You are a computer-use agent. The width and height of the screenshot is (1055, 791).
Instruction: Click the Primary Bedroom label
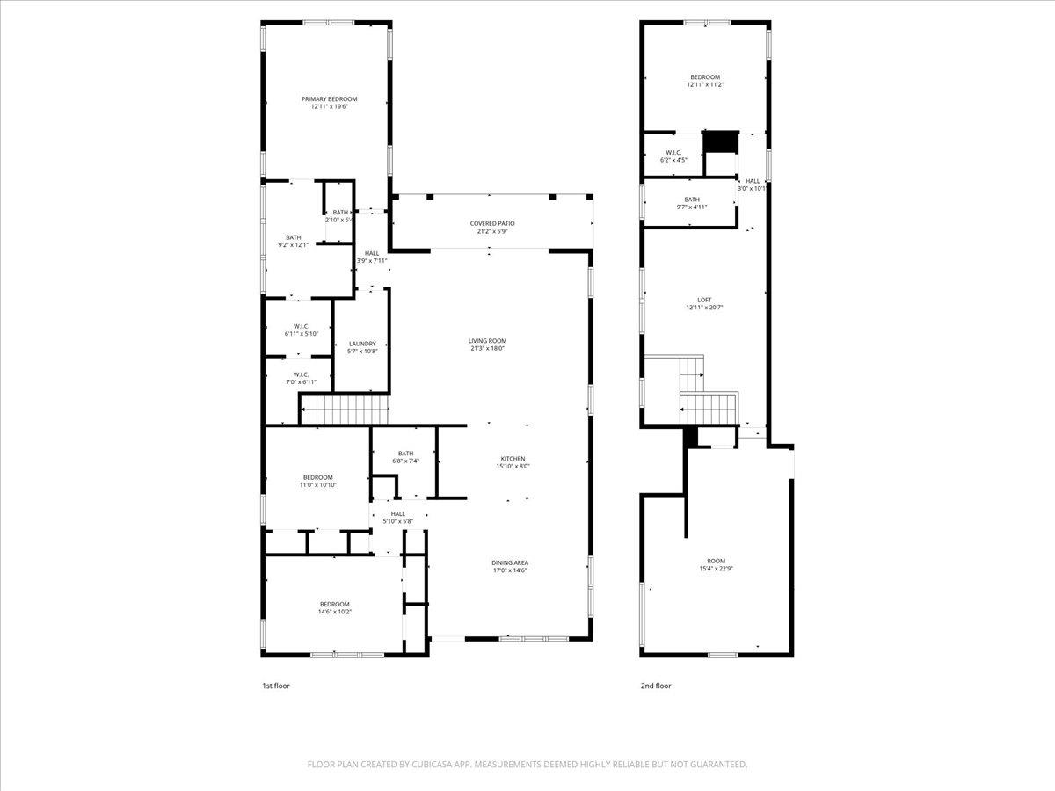pos(330,99)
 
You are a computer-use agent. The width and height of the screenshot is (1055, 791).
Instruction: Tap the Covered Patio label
pos(492,224)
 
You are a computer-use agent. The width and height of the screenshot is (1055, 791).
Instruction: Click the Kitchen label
pos(513,459)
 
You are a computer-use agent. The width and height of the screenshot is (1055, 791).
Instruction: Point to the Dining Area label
pos(510,562)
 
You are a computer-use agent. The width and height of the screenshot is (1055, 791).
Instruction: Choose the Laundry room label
pos(362,344)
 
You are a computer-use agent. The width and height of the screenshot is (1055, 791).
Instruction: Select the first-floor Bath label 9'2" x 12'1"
pos(293,237)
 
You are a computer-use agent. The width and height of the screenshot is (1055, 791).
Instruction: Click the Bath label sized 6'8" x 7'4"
pos(405,454)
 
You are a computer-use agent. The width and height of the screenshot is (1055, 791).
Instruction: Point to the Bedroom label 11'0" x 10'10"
pos(317,477)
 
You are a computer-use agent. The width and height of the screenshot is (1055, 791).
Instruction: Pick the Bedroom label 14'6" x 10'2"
pos(334,604)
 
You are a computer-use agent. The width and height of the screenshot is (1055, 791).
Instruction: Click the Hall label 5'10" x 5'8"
pos(398,513)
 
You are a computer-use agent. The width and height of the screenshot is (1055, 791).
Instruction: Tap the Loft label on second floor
pos(704,300)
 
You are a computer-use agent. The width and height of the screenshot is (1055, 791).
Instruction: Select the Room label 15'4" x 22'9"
pos(717,561)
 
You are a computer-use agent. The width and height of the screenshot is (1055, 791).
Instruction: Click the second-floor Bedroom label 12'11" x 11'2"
pos(703,77)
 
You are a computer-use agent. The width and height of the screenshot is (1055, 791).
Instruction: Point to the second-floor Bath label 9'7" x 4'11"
pos(692,200)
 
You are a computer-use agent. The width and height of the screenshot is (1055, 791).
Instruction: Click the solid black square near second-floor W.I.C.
pos(721,142)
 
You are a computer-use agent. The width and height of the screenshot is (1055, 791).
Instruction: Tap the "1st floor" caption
pos(275,686)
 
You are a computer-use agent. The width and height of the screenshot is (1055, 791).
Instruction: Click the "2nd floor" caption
pos(656,686)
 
